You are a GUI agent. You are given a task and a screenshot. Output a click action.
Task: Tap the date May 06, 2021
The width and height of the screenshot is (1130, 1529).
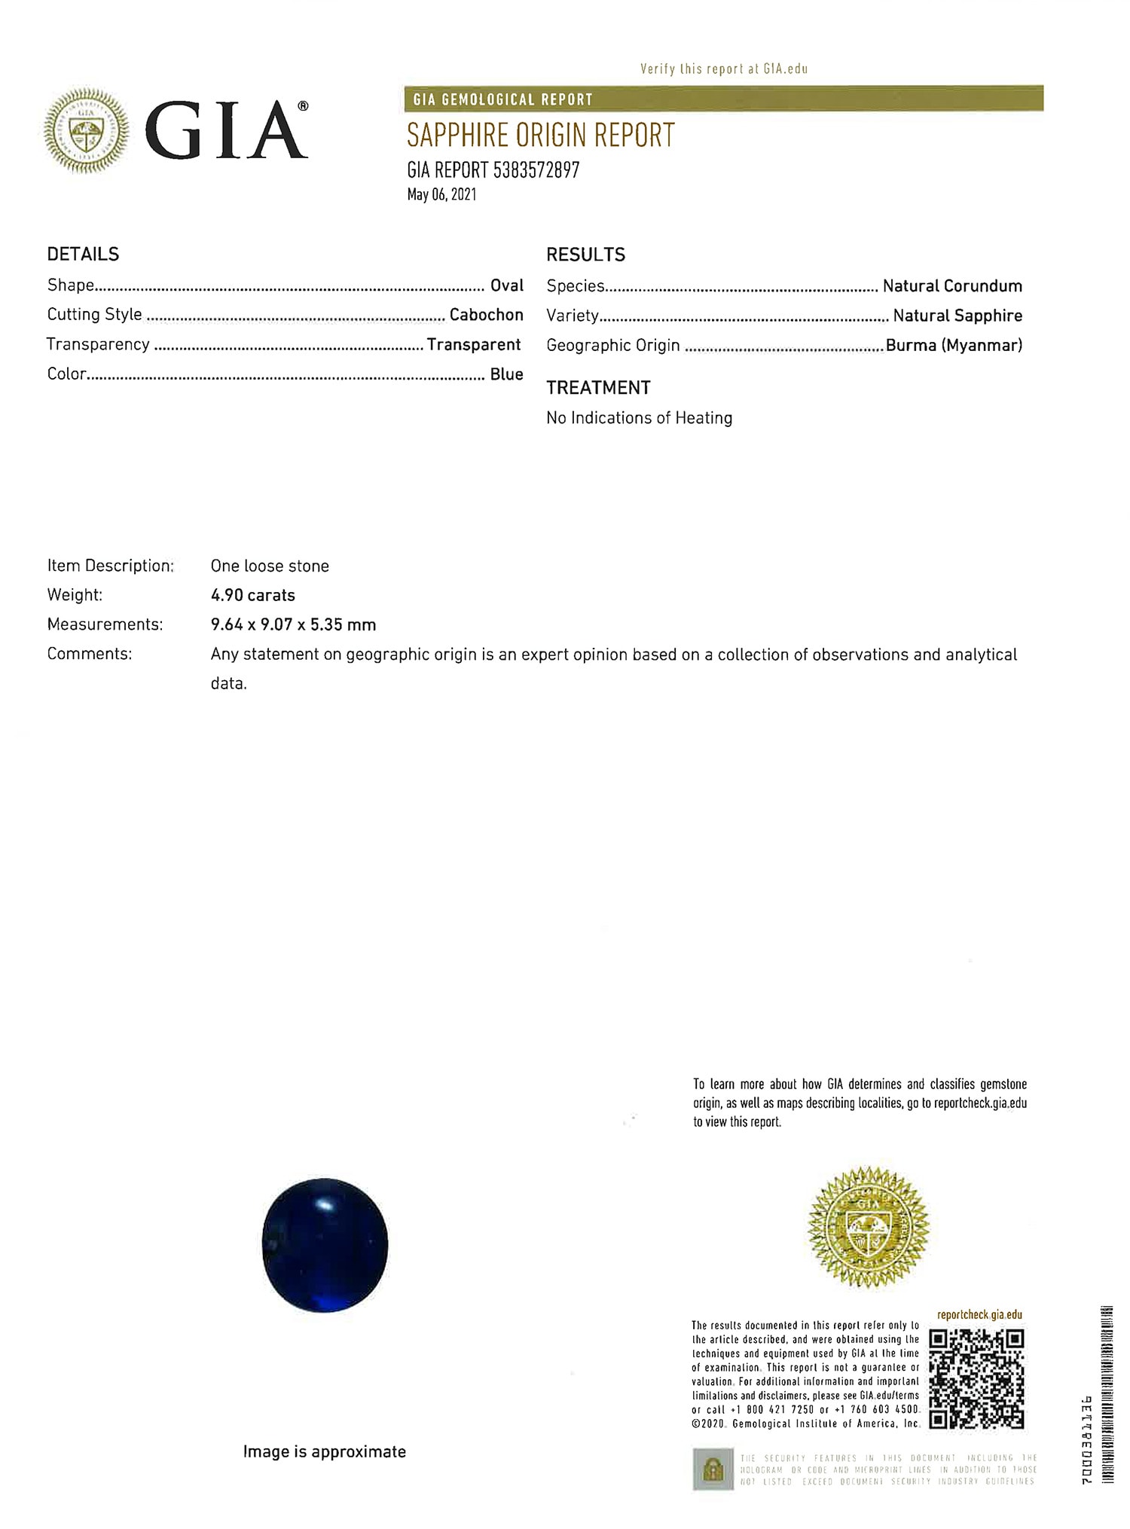point(441,194)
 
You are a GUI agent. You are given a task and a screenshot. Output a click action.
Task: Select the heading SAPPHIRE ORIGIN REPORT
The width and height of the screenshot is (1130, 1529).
point(540,135)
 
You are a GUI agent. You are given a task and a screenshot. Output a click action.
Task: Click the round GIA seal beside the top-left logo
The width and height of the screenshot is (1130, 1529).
point(86,130)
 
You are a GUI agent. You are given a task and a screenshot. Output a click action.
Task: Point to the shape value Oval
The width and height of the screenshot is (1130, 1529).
point(506,285)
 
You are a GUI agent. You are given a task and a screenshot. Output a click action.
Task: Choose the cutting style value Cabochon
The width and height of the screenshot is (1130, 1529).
point(486,315)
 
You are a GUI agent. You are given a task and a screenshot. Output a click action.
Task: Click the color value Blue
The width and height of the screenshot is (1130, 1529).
point(506,374)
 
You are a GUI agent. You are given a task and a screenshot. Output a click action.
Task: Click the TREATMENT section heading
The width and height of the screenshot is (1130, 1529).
point(598,388)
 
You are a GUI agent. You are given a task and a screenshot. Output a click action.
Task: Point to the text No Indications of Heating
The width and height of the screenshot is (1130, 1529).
point(639,418)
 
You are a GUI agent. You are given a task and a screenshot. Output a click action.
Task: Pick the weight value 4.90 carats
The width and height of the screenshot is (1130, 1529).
point(252,595)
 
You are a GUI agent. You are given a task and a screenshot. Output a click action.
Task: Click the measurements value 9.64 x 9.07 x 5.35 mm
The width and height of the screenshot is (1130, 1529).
point(293,624)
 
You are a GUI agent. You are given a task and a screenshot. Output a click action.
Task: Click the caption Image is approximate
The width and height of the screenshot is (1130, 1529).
point(324,1451)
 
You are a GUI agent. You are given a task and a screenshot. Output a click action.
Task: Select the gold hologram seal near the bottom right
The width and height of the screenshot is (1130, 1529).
point(867,1228)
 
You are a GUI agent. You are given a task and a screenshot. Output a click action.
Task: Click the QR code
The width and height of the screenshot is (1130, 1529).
point(976,1379)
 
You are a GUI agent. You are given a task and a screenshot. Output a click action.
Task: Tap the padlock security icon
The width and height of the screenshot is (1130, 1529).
point(712,1469)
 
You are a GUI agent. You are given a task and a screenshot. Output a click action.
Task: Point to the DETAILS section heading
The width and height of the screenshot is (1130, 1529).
point(83,255)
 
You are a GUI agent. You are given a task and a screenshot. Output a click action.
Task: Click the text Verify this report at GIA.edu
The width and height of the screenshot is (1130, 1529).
point(723,69)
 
